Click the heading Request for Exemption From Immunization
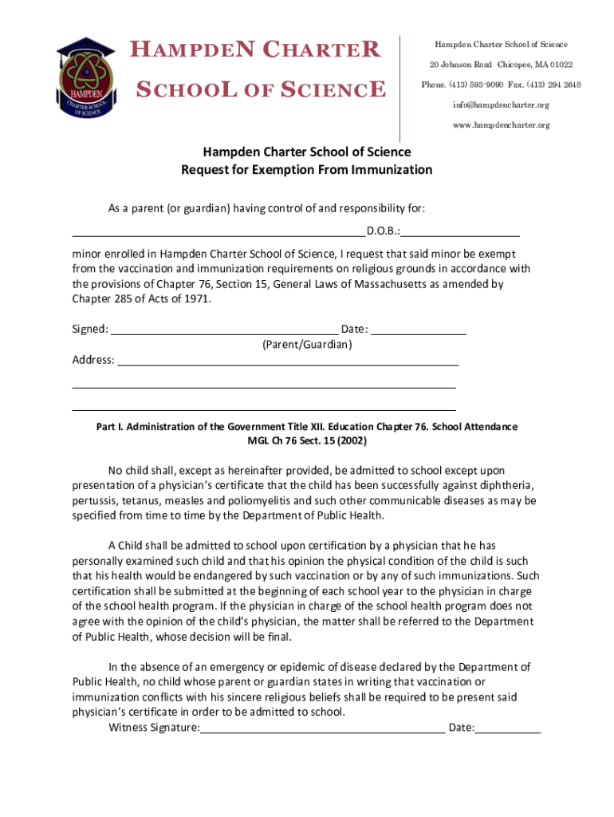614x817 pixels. [x=306, y=169]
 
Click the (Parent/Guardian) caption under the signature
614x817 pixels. [x=307, y=345]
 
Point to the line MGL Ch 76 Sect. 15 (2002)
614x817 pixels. [x=307, y=440]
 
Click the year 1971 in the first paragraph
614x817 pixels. [x=199, y=299]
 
